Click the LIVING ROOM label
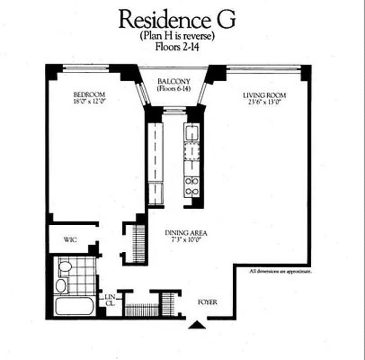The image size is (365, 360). pyautogui.click(x=265, y=95)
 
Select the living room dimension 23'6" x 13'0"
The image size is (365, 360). pyautogui.click(x=265, y=102)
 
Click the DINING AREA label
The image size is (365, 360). pyautogui.click(x=182, y=233)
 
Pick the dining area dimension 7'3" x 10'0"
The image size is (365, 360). pyautogui.click(x=182, y=239)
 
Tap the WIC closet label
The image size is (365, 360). pyautogui.click(x=70, y=239)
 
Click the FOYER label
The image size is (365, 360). pyautogui.click(x=208, y=302)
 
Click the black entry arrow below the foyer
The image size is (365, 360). pyautogui.click(x=198, y=324)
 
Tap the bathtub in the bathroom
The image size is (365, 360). pyautogui.click(x=74, y=306)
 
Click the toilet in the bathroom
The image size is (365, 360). pyautogui.click(x=64, y=267)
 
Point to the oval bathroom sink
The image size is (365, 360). pyautogui.click(x=61, y=286)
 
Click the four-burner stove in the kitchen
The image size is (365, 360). pyautogui.click(x=192, y=186)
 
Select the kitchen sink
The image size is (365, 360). pyautogui.click(x=192, y=133)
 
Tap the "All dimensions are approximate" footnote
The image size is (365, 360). pyautogui.click(x=281, y=271)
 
